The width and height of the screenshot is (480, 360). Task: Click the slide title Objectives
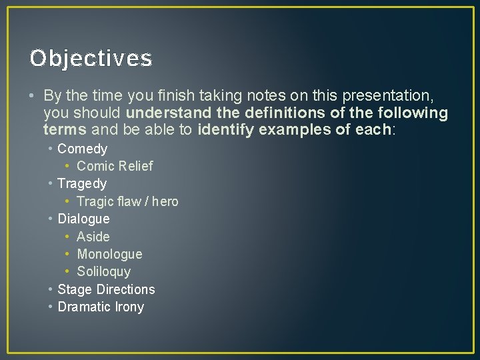pyautogui.click(x=91, y=59)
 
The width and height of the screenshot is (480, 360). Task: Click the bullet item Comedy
pyautogui.click(x=82, y=149)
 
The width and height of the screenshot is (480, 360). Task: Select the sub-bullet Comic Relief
pyautogui.click(x=115, y=166)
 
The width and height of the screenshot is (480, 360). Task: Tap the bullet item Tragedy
pyautogui.click(x=82, y=183)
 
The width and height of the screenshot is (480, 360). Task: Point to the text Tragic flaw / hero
pyautogui.click(x=127, y=201)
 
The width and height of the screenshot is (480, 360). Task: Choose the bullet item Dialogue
pyautogui.click(x=83, y=219)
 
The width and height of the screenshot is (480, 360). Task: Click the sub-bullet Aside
pyautogui.click(x=93, y=237)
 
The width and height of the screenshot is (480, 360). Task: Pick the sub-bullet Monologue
pyautogui.click(x=109, y=254)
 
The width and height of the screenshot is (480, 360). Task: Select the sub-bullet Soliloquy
pyautogui.click(x=104, y=271)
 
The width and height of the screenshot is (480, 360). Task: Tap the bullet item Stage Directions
pyautogui.click(x=106, y=289)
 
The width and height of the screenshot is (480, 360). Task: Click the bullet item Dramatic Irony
pyautogui.click(x=101, y=307)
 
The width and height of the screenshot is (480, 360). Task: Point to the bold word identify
pyautogui.click(x=226, y=129)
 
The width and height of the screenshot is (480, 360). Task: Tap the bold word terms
pyautogui.click(x=65, y=129)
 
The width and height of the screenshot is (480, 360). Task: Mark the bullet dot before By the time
pyautogui.click(x=33, y=96)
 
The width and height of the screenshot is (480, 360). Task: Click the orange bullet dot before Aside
pyautogui.click(x=68, y=237)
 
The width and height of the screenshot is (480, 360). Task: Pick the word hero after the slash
pyautogui.click(x=165, y=201)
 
